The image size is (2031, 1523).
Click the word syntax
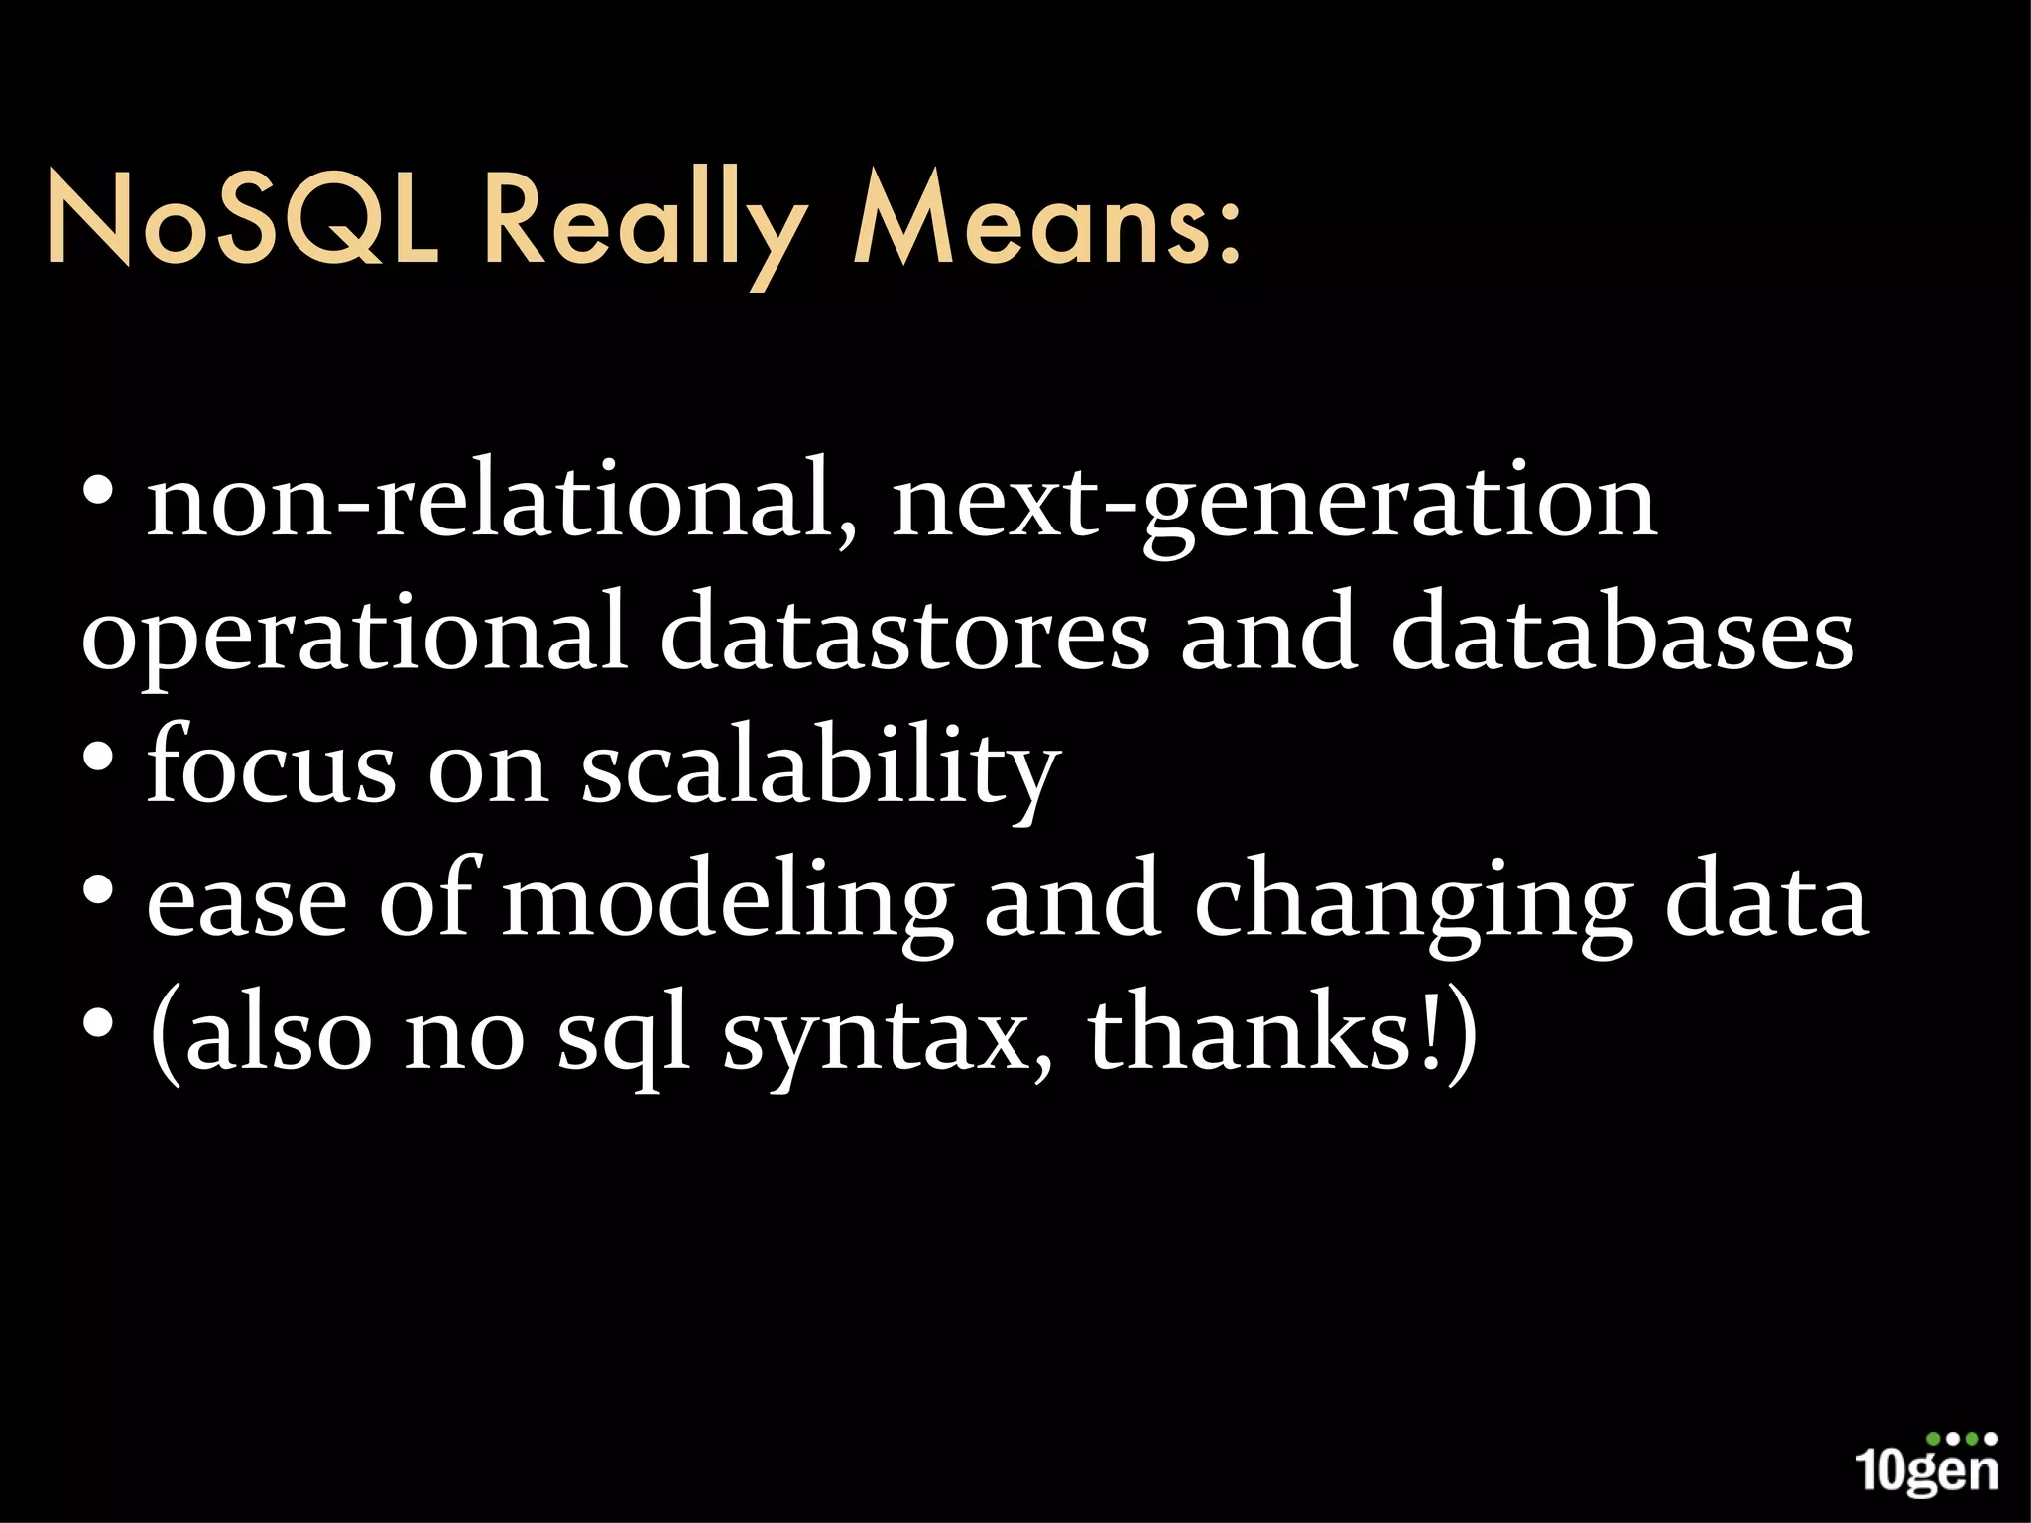tap(888, 1041)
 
